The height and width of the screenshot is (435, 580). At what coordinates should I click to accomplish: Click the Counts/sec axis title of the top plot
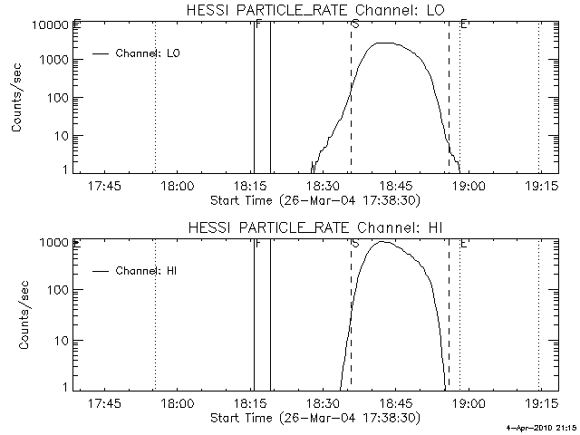18,97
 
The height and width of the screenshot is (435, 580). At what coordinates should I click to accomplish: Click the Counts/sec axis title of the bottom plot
18,314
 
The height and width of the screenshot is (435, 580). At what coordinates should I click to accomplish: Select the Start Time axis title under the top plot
313,200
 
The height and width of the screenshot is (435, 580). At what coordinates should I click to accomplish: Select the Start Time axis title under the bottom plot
313,418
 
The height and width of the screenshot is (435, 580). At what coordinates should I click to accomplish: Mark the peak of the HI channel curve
383,242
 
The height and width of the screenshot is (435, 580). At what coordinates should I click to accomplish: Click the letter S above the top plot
353,24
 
